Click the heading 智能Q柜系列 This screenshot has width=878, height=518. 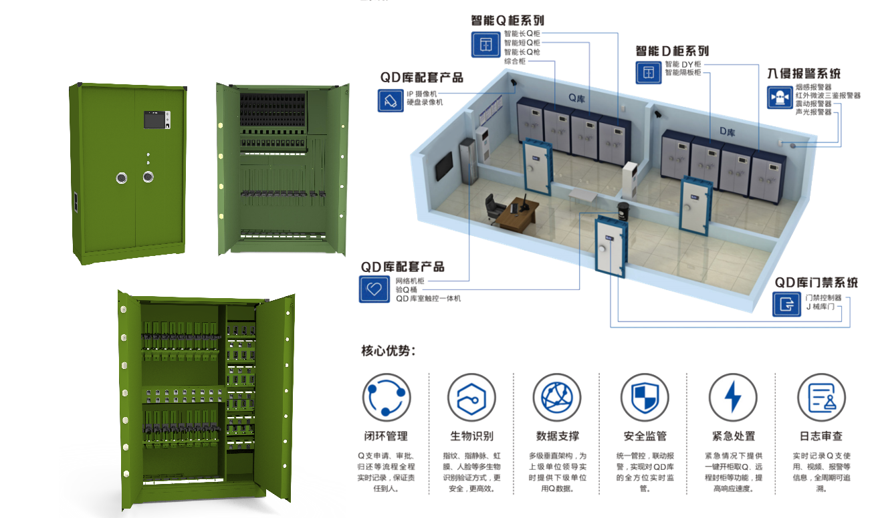pos(507,20)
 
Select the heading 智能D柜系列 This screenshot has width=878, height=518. pos(672,51)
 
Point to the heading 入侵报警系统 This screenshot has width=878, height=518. pos(804,74)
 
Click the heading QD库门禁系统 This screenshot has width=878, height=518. pos(816,282)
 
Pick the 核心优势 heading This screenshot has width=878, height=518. pos(388,350)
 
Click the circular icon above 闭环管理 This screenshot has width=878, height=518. pos(386,397)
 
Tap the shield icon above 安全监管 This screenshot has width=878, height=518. pos(644,397)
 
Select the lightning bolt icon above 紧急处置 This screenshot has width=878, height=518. pos(733,397)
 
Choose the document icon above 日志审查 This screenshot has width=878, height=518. pos(821,397)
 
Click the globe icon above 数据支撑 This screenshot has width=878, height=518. pos(557,397)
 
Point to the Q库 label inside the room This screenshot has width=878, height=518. pos(576,97)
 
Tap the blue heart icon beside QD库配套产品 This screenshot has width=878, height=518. pos(373,289)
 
